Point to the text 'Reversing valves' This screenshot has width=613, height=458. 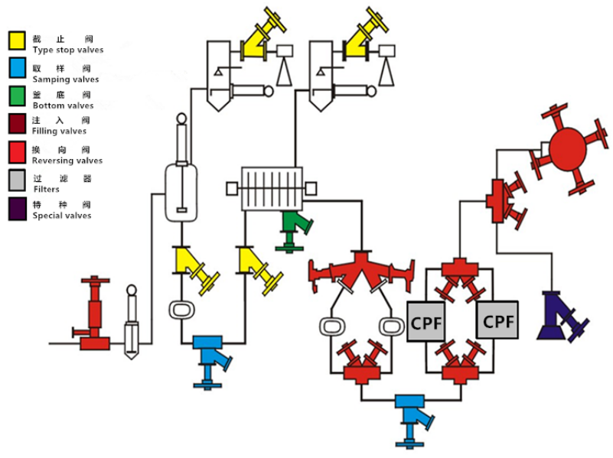click(67, 161)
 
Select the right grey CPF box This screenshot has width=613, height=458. click(497, 320)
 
